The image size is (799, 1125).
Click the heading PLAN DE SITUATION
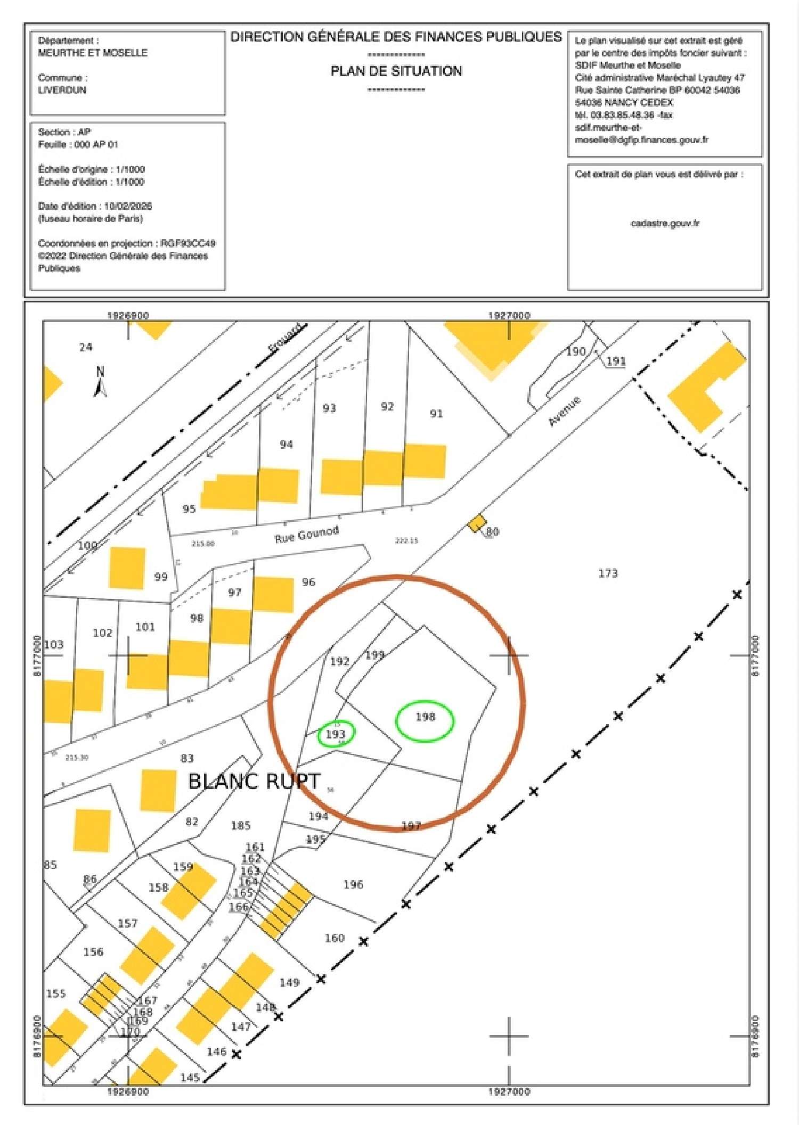[x=396, y=71]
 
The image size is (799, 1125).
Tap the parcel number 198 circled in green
[x=425, y=717]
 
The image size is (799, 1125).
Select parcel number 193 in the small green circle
[x=336, y=734]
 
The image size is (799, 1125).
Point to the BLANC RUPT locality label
[x=254, y=782]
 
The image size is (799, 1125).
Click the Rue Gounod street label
[x=306, y=534]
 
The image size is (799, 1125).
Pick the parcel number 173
[x=608, y=573]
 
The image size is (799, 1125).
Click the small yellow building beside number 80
[x=477, y=523]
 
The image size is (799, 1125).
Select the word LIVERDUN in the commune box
[x=62, y=90]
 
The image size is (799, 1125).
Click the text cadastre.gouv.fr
[x=665, y=223]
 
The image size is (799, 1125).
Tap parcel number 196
[x=353, y=884]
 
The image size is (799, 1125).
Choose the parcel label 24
[x=86, y=347]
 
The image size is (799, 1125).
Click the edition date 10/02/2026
[x=128, y=206]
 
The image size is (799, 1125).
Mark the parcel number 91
[x=436, y=414]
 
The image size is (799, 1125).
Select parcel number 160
[x=335, y=938]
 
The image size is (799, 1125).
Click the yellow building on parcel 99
[x=127, y=568]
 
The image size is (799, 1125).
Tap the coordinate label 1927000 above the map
[x=509, y=315]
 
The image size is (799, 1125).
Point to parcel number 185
[x=241, y=825]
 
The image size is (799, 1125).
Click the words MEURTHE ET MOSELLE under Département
[x=93, y=53]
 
